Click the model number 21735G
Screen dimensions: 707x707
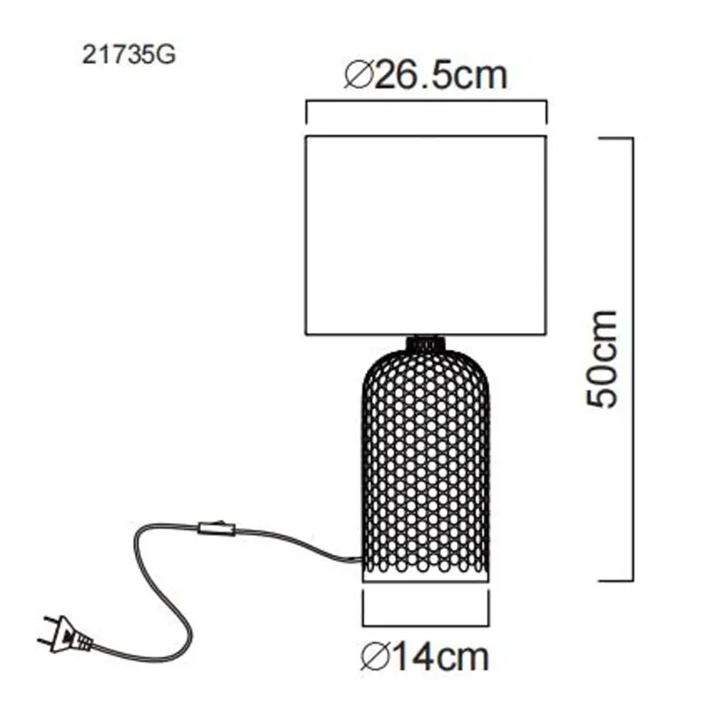(129, 55)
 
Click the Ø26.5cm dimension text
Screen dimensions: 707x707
(426, 75)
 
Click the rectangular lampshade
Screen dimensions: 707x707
(426, 235)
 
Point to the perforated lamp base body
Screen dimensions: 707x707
(426, 460)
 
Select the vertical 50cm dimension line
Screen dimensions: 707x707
(634, 358)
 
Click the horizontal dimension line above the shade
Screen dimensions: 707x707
(426, 103)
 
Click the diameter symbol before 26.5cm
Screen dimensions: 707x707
(357, 75)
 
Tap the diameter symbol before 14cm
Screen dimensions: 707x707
(375, 656)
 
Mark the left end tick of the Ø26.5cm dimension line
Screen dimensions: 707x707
(306, 112)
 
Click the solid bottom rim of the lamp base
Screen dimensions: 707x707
(426, 576)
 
